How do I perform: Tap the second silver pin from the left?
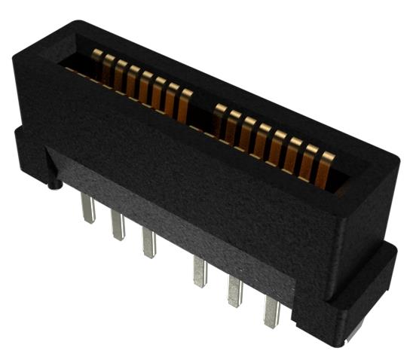pos(118,226)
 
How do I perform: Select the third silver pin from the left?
pos(148,243)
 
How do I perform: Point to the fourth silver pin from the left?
pos(200,271)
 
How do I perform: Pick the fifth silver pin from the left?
pos(234,291)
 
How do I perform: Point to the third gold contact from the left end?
pos(120,75)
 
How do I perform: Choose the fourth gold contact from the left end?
pos(132,81)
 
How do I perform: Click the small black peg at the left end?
pos(54,182)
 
